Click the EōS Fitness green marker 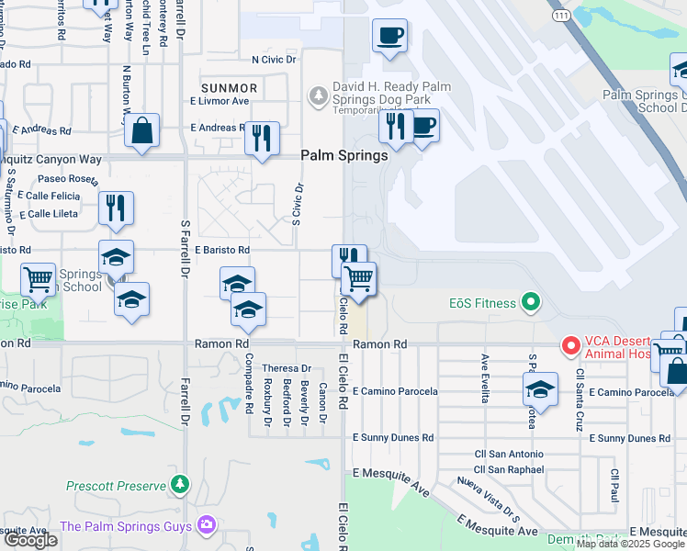[x=529, y=301]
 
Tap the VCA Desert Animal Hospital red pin [x=570, y=346]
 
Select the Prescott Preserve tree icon [x=181, y=484]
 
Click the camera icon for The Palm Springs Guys [x=206, y=525]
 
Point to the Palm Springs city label [x=344, y=156]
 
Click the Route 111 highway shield [x=559, y=16]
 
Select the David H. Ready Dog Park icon [x=318, y=95]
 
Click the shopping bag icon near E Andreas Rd [x=142, y=130]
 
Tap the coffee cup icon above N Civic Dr [x=390, y=36]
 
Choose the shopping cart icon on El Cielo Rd [x=358, y=277]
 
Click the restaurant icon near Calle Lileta [x=116, y=208]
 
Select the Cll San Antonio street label [x=509, y=454]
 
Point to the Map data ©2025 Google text [x=629, y=544]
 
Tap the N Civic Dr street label [x=276, y=60]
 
